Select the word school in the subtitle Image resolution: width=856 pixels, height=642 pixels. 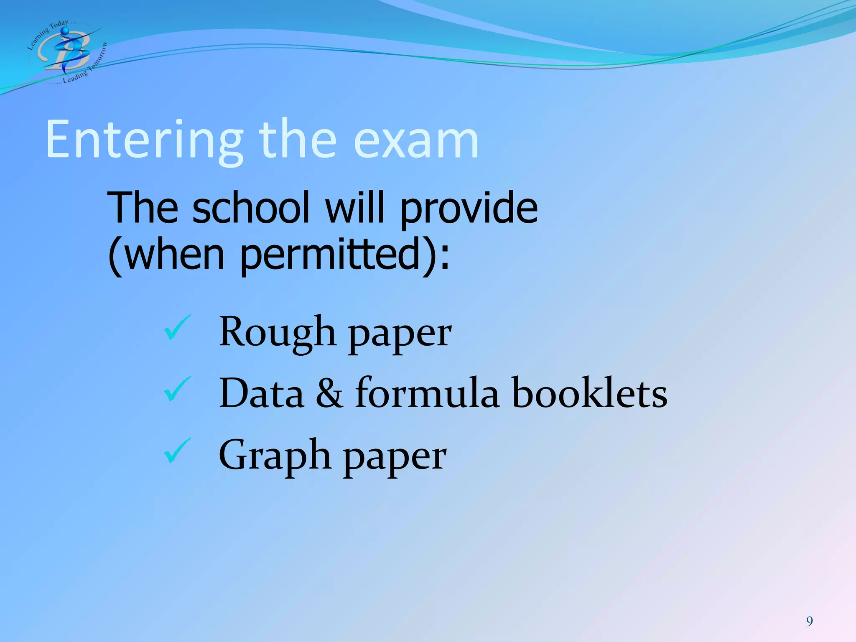click(251, 208)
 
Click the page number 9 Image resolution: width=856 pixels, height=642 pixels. click(810, 621)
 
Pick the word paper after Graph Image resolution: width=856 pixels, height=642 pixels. click(395, 458)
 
